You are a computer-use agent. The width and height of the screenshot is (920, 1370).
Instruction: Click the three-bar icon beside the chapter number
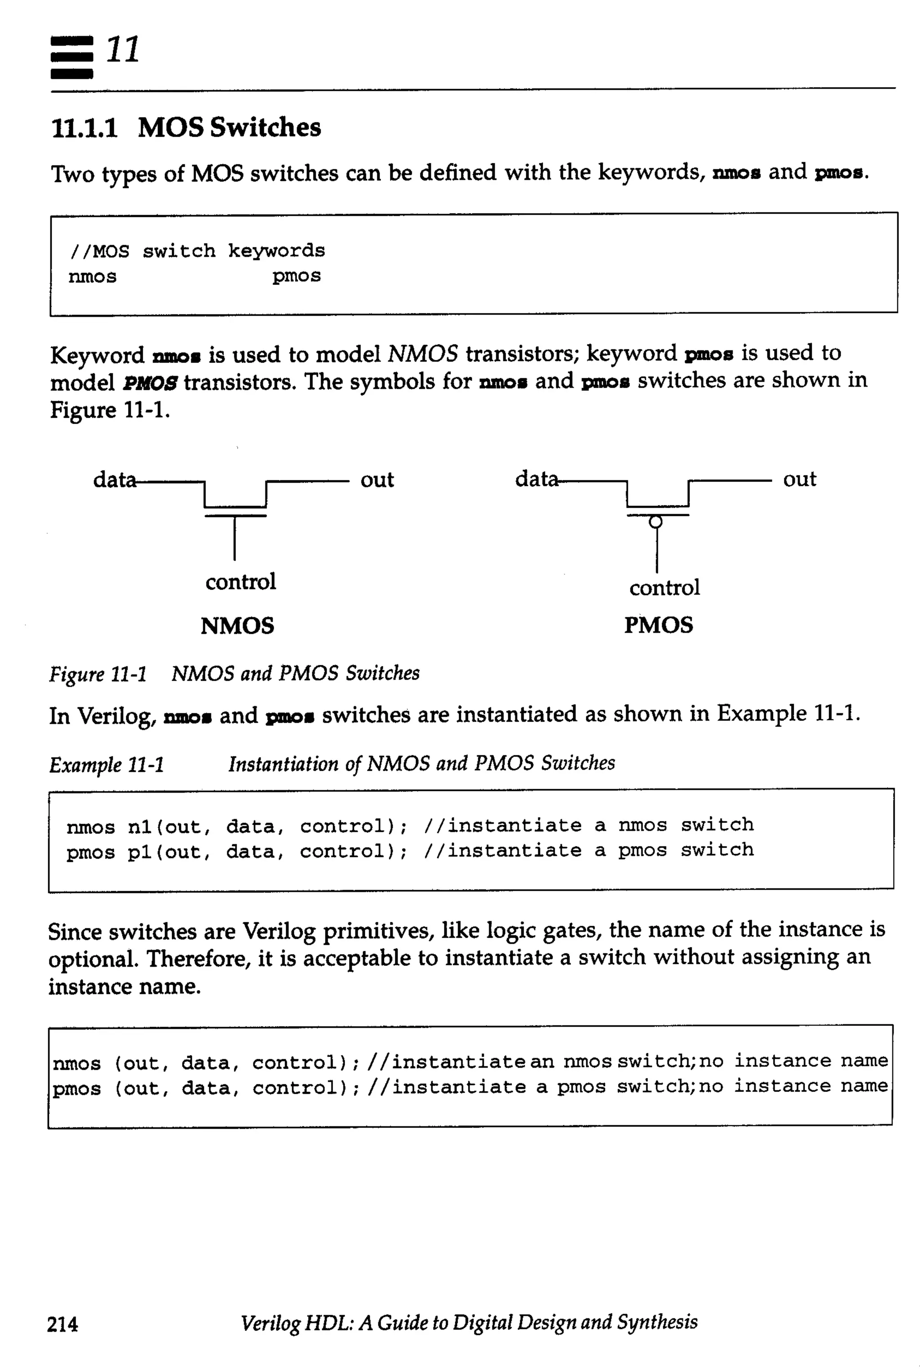coord(71,57)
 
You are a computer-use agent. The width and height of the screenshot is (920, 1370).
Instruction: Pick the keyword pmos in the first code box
coord(296,276)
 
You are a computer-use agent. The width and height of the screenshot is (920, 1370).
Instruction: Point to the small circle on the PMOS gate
coord(656,521)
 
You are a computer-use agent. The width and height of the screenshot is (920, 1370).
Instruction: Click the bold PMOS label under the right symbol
coord(658,625)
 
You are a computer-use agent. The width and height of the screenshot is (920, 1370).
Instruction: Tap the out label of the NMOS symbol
coord(377,480)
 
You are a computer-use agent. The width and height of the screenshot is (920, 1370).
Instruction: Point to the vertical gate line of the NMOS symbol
coord(234,539)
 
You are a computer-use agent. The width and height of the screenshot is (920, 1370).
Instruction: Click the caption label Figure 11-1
coord(98,674)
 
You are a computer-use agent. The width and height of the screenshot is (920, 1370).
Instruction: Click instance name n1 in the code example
coord(140,826)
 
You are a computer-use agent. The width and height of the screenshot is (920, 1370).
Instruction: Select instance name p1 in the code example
coord(140,852)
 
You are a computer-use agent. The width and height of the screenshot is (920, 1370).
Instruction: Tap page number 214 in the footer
coord(62,1324)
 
